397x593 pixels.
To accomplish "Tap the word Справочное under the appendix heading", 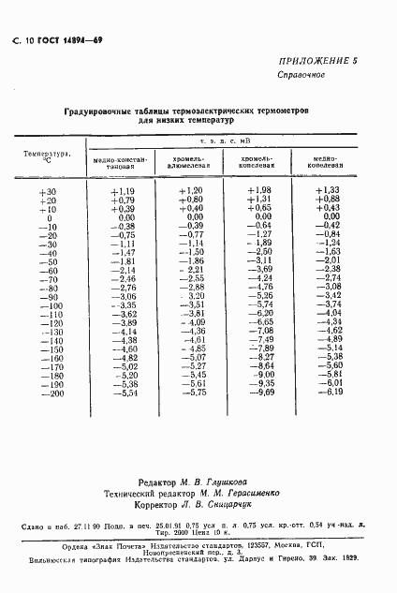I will [x=300, y=74].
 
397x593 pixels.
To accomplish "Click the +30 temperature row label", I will [x=49, y=191].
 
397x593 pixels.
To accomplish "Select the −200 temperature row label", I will [x=47, y=393].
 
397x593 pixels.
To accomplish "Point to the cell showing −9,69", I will [x=259, y=393].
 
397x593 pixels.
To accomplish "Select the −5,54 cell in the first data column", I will [x=124, y=393].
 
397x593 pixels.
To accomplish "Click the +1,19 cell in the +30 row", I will [x=124, y=191].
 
